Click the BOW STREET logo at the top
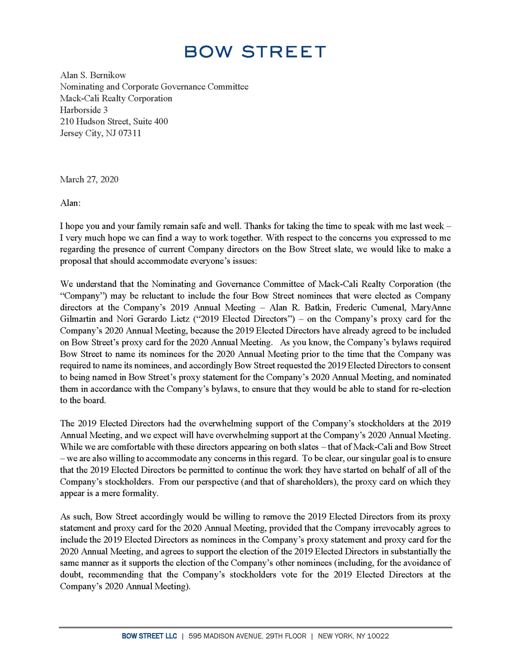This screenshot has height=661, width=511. click(x=255, y=51)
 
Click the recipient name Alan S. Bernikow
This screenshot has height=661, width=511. click(x=93, y=75)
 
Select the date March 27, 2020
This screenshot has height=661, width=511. click(x=89, y=180)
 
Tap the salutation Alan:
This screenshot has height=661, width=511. click(x=70, y=203)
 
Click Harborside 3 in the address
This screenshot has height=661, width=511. click(x=84, y=110)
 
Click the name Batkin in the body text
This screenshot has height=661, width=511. click(x=317, y=307)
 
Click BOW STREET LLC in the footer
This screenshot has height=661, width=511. click(x=149, y=636)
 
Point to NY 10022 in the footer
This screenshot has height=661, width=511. click(x=372, y=636)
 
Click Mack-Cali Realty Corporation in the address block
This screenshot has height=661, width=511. click(x=116, y=98)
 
